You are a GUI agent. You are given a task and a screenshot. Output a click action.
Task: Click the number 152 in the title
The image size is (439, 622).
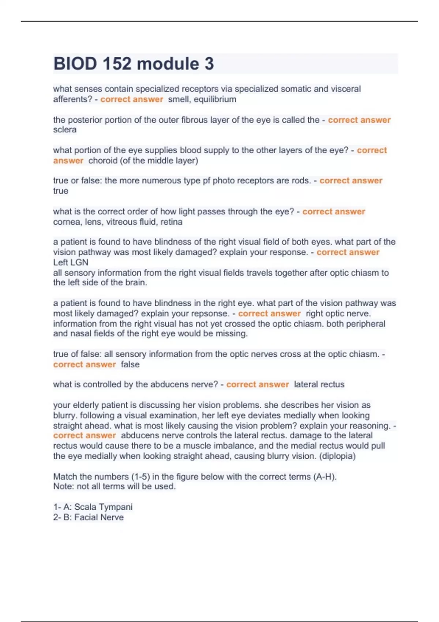117,64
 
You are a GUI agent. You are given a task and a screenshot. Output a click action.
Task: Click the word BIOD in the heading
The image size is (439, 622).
75,64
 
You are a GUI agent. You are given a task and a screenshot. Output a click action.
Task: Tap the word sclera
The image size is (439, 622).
65,130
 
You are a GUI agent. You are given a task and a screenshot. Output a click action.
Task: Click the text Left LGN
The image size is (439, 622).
71,262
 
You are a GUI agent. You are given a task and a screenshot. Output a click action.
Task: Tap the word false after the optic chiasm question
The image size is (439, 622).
130,364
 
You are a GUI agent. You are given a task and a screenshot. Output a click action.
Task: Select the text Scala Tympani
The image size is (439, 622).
103,507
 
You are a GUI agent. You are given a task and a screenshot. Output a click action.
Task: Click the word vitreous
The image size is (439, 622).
120,222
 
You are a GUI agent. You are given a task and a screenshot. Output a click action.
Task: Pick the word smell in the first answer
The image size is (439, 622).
178,99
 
